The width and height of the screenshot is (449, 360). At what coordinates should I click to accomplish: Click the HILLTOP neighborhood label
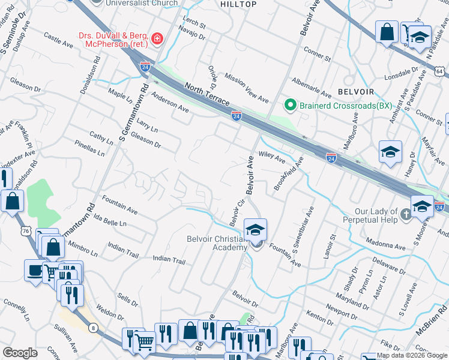238,4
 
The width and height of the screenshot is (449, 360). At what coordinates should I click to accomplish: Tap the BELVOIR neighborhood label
356,92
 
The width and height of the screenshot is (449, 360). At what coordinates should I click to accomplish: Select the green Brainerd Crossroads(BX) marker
291,106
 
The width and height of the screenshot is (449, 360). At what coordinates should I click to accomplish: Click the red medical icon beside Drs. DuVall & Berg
157,39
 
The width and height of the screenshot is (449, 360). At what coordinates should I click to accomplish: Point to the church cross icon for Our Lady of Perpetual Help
406,215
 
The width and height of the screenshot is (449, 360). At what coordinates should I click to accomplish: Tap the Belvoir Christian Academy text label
217,244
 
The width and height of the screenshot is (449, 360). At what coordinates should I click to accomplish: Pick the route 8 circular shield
94,327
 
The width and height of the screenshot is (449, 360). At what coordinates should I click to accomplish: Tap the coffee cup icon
34,270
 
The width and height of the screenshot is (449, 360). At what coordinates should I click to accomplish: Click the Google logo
20,353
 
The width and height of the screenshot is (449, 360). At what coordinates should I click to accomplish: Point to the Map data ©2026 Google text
412,355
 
